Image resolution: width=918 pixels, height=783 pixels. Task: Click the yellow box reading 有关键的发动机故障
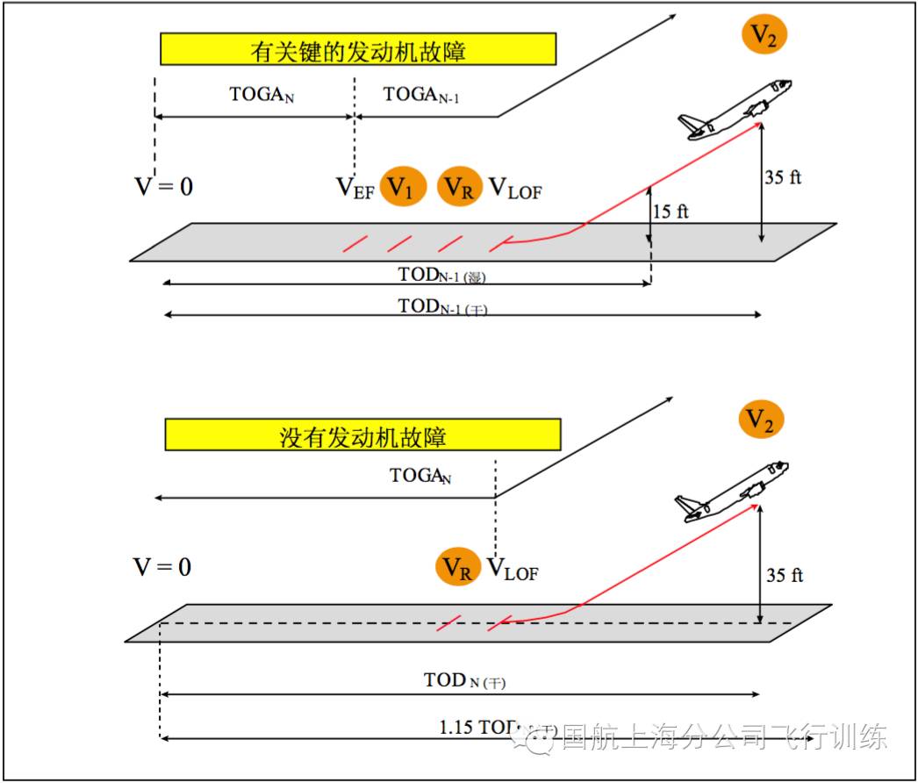click(x=358, y=50)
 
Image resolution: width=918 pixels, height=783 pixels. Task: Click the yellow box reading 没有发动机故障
click(x=362, y=435)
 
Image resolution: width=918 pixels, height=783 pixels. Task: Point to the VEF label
click(x=355, y=187)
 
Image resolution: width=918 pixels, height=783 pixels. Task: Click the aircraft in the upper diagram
click(x=736, y=109)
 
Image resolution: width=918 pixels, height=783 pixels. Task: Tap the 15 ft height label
click(x=672, y=212)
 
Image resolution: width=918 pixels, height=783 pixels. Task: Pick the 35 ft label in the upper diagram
click(x=783, y=177)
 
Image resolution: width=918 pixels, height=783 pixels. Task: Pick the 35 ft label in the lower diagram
click(x=784, y=576)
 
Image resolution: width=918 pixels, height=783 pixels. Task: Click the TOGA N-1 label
click(x=421, y=95)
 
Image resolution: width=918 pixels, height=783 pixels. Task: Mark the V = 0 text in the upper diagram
click(x=163, y=186)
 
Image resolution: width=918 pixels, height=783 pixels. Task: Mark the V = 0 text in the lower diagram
click(x=162, y=567)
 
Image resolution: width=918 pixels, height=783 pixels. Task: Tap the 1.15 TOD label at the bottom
click(x=483, y=727)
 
